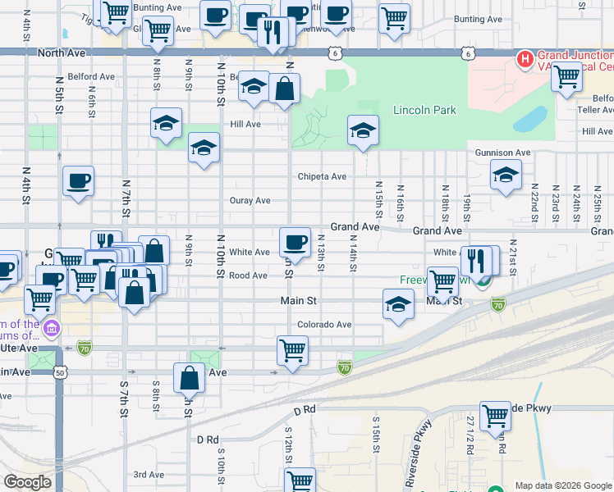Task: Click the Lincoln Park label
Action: pos(424,110)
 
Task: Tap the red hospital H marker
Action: pos(524,60)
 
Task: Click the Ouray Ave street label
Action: pos(250,200)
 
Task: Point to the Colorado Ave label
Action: pos(324,325)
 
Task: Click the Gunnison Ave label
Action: pos(503,153)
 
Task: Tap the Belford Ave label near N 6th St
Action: pos(91,77)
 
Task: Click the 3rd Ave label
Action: pos(149,474)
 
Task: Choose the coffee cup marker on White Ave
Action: pos(295,242)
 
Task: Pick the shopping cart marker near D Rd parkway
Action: pos(495,416)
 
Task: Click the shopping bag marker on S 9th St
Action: pos(189,378)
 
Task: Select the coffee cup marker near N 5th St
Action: pos(79,180)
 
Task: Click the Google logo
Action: pos(27,482)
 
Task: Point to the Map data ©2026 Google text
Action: pos(563,485)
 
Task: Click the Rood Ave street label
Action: pos(248,276)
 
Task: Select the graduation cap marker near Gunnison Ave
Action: pos(506,175)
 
